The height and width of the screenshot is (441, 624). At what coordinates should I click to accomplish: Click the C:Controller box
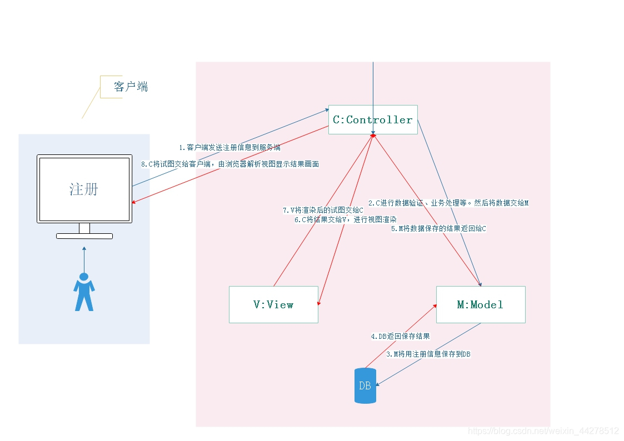click(x=373, y=119)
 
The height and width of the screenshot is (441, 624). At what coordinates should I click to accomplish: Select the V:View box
click(x=273, y=304)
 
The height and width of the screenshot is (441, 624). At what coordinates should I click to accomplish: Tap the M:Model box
click(x=480, y=304)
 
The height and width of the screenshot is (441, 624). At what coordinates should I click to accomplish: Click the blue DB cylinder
click(x=365, y=385)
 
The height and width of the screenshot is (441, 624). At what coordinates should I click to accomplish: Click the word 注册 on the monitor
click(x=84, y=189)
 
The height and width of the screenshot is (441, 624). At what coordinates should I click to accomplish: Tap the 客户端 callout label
click(x=131, y=87)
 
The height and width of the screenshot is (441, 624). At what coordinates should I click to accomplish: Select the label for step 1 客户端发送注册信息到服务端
click(x=229, y=148)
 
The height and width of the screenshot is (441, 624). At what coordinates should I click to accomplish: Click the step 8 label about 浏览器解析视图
click(x=230, y=164)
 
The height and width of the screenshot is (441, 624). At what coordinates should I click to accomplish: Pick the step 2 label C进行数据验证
click(x=448, y=203)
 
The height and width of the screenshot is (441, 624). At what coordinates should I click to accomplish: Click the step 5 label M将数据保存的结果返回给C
click(x=438, y=228)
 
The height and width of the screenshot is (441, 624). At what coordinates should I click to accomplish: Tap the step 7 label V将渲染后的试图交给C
click(x=323, y=211)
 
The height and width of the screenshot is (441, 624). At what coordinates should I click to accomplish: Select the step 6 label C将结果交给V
click(x=345, y=220)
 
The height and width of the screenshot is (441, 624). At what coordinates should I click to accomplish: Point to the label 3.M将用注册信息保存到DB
click(x=428, y=354)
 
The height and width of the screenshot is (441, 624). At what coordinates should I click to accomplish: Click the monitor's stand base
click(x=84, y=236)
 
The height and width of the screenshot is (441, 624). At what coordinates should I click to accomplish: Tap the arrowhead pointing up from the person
click(x=84, y=249)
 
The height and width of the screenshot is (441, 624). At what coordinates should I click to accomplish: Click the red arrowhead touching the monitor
click(x=134, y=202)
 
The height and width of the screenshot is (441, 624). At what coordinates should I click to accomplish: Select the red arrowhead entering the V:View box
click(x=318, y=303)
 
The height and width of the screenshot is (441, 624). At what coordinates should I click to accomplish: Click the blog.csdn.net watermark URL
click(x=543, y=431)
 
